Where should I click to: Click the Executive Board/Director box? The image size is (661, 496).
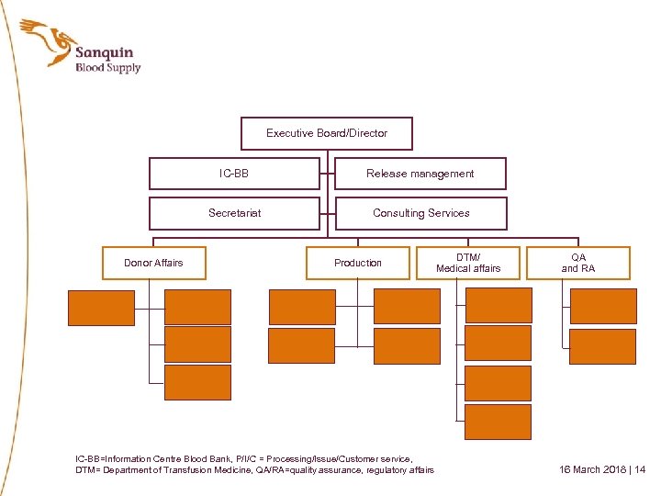coord(327,133)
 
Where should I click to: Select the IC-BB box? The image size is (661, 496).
coord(234,173)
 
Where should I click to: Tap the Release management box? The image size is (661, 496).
coord(420,173)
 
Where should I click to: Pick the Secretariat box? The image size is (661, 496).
coord(234,213)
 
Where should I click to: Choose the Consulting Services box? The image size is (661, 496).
coord(420,213)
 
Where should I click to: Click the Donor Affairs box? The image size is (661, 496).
coord(153,263)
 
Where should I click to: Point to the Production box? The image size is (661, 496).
coord(358,263)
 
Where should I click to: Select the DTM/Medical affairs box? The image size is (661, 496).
coord(468,263)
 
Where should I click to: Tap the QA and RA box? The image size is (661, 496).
coord(578,263)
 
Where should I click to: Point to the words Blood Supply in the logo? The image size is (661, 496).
coord(107,68)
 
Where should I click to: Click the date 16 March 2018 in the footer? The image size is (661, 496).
coord(594,469)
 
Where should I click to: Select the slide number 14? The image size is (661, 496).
coord(640,469)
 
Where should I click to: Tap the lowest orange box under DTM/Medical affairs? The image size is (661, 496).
coord(498,422)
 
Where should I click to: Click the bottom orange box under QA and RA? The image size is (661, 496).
coord(602,346)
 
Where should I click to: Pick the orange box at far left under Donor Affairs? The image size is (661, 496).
coord(99,307)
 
